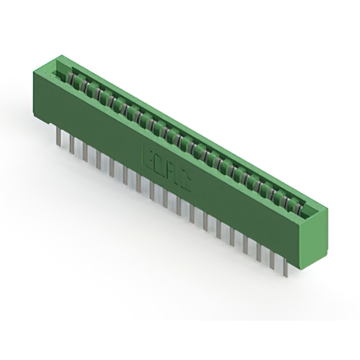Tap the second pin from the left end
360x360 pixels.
point(71,145)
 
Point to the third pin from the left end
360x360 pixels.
point(84,152)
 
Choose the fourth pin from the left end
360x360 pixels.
point(98,159)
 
